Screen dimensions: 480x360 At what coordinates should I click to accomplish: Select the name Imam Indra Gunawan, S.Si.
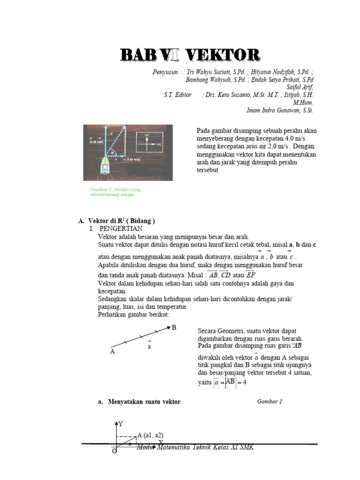[x=280, y=111]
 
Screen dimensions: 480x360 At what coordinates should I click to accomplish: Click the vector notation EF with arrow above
[x=251, y=275]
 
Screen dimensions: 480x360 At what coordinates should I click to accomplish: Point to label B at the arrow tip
[x=174, y=327]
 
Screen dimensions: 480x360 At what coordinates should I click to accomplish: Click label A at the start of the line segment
[x=112, y=351]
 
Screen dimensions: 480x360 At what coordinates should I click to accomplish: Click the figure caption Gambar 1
[x=270, y=402]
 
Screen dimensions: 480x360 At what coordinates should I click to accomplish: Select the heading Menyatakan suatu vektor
[x=144, y=402]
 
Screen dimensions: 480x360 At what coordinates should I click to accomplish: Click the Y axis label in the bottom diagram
[x=120, y=424]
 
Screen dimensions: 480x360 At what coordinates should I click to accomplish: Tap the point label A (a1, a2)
[x=150, y=435]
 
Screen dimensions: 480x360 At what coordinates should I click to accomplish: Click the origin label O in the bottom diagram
[x=114, y=451]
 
